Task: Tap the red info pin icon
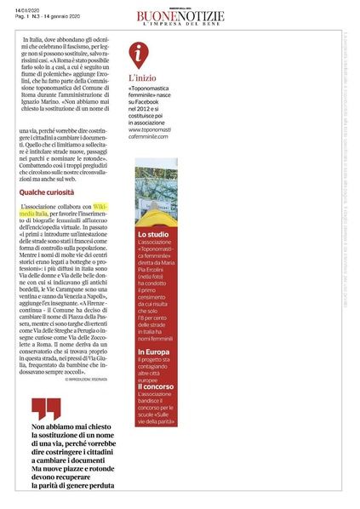(140, 54)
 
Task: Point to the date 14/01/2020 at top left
(26, 9)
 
